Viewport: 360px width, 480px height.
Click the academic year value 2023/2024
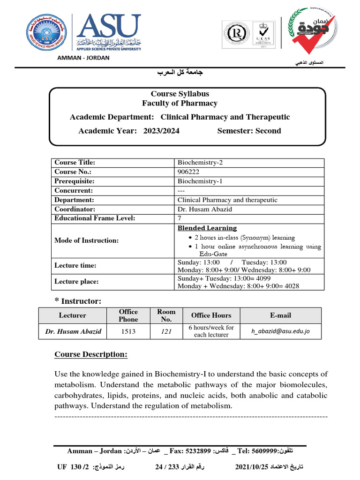(161, 131)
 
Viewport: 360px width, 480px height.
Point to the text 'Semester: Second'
(249, 131)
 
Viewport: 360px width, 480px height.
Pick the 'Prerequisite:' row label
(74, 181)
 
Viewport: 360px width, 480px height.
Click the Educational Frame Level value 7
(180, 218)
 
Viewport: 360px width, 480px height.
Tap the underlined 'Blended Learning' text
(207, 228)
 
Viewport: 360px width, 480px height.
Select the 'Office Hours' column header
(211, 315)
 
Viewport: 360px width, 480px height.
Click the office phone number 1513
(128, 331)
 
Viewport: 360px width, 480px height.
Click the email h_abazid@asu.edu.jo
(280, 331)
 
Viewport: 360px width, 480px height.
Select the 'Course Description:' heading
(91, 354)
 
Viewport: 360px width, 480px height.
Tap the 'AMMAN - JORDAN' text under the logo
(83, 58)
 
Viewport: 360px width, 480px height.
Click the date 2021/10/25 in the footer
(252, 467)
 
